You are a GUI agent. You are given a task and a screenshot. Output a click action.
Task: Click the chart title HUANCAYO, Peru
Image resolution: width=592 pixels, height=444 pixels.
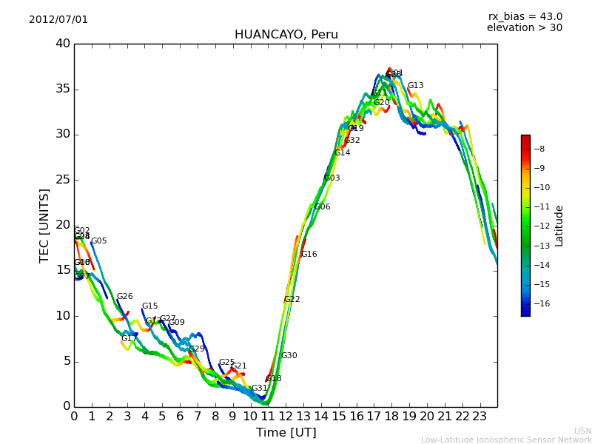(286, 35)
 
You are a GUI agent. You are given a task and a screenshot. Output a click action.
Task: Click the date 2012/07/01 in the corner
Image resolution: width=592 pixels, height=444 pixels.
(58, 20)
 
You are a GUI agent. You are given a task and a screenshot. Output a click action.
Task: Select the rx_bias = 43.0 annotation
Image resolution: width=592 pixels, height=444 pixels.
(525, 17)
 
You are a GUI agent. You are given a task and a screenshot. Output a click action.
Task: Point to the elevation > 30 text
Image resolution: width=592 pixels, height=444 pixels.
(524, 28)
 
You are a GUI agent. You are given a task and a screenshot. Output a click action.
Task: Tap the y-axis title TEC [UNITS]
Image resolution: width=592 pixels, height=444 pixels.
(44, 225)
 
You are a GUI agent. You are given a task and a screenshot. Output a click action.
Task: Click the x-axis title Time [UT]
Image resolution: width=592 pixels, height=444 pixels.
(286, 433)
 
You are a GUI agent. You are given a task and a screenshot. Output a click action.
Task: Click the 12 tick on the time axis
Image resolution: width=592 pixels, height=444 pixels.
(286, 416)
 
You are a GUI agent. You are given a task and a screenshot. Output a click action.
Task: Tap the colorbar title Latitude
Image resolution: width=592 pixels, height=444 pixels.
(559, 226)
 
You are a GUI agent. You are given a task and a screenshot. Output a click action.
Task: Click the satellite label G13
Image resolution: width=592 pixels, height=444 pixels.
(415, 86)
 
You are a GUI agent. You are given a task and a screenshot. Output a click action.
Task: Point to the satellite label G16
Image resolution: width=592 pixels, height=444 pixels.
(309, 255)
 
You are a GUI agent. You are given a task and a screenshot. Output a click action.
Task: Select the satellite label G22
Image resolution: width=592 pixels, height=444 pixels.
(292, 300)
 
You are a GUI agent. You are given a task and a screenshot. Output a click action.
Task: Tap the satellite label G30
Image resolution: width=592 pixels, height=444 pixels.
(289, 356)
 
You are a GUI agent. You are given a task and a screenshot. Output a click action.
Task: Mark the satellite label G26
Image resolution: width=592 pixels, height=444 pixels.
(124, 297)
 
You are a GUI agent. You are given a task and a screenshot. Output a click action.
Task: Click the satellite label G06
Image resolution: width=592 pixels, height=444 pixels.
(322, 207)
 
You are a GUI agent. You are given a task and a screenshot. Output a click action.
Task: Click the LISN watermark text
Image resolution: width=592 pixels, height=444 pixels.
(582, 431)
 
